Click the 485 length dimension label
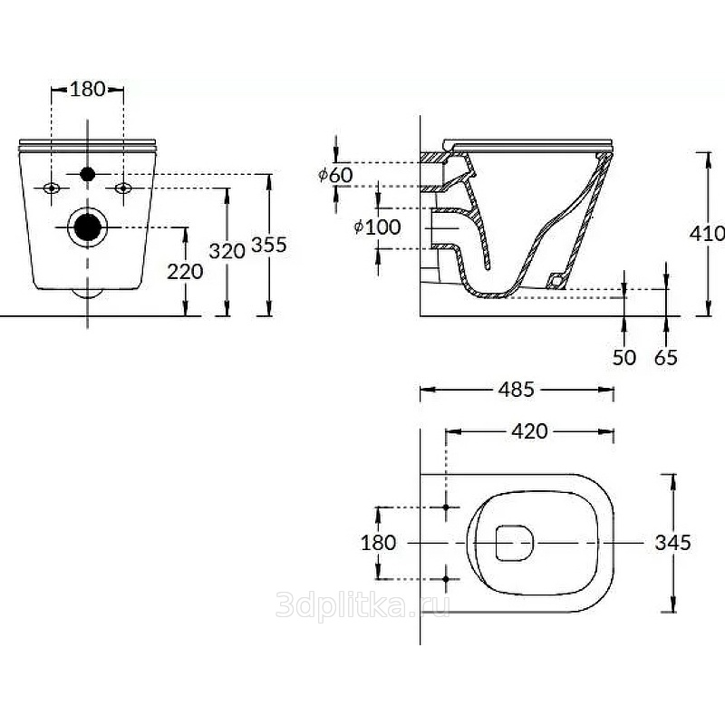pos(516,390)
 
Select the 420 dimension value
pos(529,431)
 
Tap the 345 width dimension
pos(672,543)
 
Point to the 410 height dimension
pos(707,234)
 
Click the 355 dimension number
pos(268,245)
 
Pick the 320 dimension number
pos(227,252)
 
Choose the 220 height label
pos(185,272)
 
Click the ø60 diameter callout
pos(335,175)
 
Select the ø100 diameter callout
pos(377,227)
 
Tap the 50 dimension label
pos(624,357)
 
